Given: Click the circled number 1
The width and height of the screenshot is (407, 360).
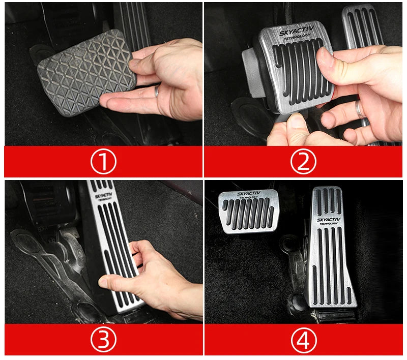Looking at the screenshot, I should point(103,161).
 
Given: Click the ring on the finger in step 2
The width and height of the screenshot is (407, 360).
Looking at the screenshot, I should point(360,109).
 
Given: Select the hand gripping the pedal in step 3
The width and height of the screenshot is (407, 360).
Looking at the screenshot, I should point(148,275).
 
